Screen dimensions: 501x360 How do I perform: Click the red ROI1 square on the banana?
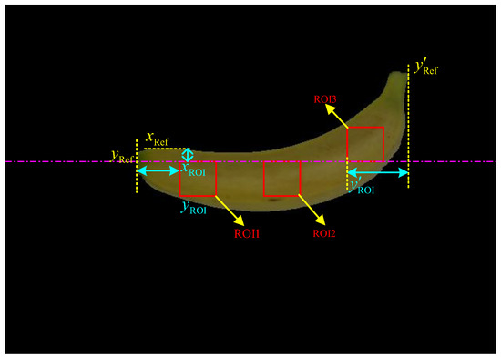point(198,179)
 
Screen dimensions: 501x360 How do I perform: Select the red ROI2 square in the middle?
point(282,179)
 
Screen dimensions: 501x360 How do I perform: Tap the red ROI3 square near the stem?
point(365,144)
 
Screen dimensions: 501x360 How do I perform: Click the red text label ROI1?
point(248,233)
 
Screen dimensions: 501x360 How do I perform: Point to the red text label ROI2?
point(326,233)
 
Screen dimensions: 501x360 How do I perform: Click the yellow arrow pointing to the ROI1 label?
point(228,210)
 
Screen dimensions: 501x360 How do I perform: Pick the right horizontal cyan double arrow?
point(377,171)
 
